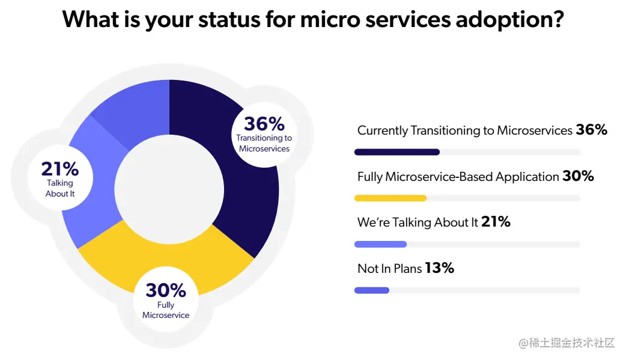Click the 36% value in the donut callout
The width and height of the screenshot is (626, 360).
[264, 124]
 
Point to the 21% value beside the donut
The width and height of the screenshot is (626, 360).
[59, 169]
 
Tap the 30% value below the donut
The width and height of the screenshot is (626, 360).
[166, 290]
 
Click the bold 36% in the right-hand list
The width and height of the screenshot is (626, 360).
[592, 130]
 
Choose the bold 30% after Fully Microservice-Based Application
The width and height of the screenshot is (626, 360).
[578, 176]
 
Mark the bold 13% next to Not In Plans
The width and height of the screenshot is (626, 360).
[439, 268]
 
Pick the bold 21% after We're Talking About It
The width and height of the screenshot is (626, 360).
[496, 222]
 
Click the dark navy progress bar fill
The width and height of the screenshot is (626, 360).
[397, 152]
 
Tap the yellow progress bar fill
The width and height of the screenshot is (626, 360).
[390, 198]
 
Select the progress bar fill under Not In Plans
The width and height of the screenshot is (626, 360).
[372, 290]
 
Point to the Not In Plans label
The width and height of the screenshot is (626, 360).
[389, 269]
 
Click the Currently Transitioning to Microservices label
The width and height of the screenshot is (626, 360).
[464, 130]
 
